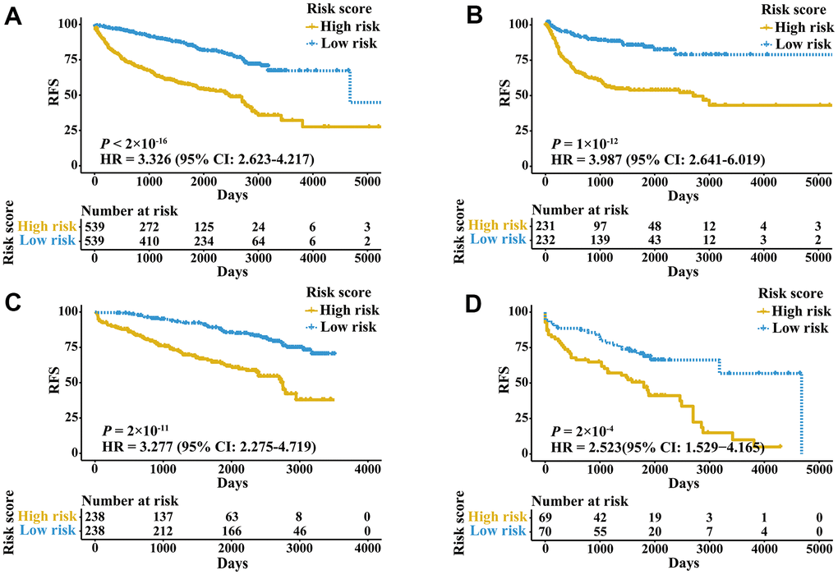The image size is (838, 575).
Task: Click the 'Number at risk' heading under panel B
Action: coord(580,209)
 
